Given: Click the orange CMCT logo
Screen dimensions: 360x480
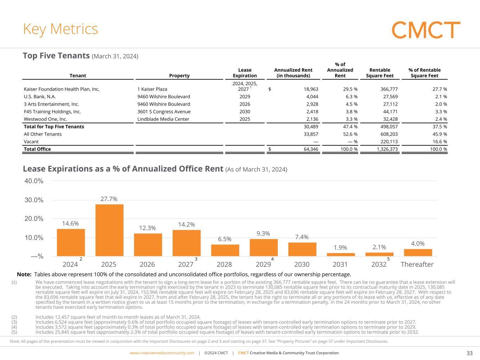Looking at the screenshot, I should (425, 30).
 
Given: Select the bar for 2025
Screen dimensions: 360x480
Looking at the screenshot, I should (109, 230).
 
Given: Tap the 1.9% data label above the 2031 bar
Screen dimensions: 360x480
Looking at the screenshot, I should (340, 247).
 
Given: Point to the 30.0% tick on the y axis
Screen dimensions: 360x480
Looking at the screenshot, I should (34, 200).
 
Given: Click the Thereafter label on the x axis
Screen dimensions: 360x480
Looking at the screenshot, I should (417, 264).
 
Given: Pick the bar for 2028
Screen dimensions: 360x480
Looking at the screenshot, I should (225, 250).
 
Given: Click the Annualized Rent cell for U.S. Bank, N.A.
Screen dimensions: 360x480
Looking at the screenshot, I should (311, 97).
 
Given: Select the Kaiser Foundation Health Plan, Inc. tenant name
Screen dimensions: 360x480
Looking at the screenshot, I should (62, 89).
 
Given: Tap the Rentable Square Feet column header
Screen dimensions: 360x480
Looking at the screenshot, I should (380, 73).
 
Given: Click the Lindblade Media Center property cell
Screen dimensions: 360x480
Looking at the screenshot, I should (163, 119).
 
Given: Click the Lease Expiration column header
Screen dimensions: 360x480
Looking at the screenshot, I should (245, 73).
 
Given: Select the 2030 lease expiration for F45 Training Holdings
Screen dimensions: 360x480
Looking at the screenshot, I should (245, 112).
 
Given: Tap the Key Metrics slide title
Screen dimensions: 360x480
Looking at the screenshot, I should (60, 29).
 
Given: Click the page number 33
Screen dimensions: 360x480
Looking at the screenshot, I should (469, 353).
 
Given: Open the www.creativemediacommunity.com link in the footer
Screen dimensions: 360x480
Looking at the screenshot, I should (162, 353).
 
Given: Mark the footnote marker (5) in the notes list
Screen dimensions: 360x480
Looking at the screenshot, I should (14, 332).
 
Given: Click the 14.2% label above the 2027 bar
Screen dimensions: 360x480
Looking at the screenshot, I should (186, 224).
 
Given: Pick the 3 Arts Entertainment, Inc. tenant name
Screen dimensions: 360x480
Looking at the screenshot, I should (51, 104).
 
